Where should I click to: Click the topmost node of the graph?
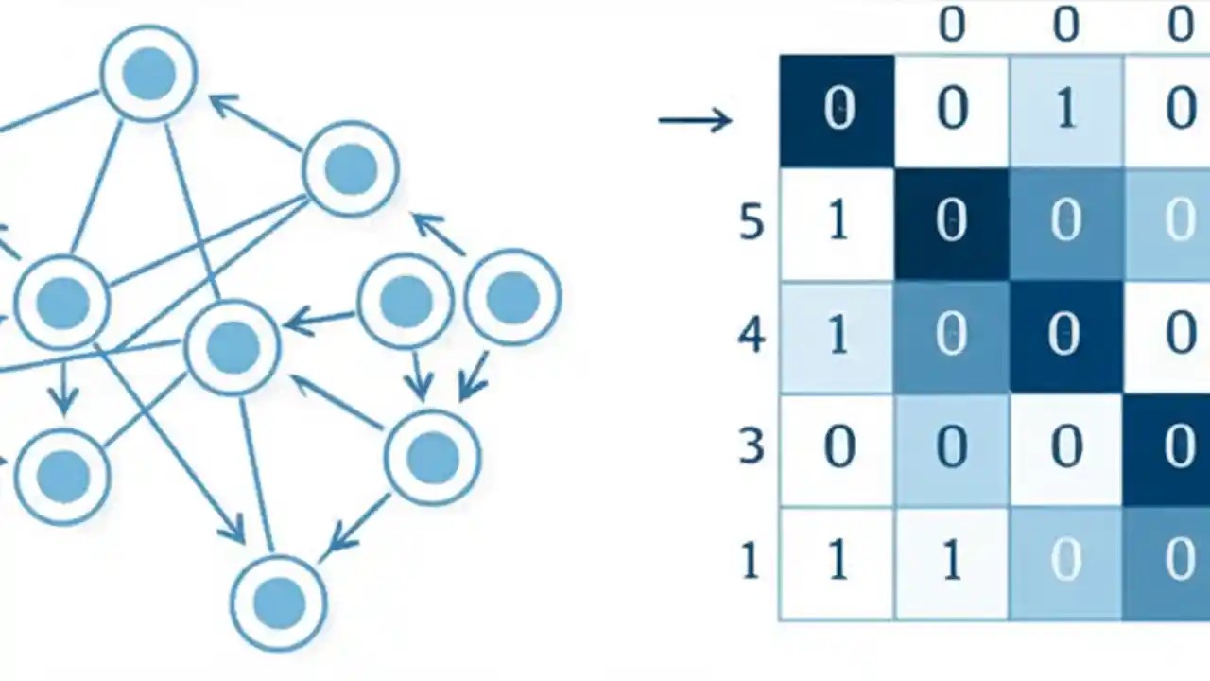point(149,74)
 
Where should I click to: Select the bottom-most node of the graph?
point(279,602)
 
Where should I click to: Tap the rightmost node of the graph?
point(512,297)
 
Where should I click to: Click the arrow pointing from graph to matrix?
point(695,120)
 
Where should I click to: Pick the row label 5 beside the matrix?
point(751,223)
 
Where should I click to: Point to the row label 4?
point(751,336)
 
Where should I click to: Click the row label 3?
point(751,446)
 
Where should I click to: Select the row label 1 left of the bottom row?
point(750,562)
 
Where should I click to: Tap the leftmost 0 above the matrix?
point(951,24)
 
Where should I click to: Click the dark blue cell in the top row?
point(837,111)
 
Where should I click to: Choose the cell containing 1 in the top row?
point(1065,111)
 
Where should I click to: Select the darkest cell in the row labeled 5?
point(951,224)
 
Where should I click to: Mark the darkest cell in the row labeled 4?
point(1065,337)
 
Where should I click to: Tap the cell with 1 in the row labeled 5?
point(837,224)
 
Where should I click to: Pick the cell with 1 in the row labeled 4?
point(837,337)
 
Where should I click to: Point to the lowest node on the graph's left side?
point(63,475)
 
